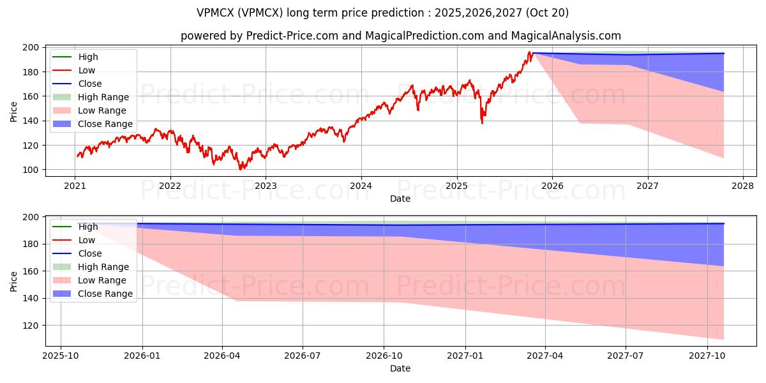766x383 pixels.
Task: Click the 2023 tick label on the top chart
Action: pos(266,186)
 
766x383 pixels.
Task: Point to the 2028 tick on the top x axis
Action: pos(743,186)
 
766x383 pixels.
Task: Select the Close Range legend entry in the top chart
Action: pos(105,124)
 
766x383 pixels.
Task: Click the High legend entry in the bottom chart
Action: pos(88,227)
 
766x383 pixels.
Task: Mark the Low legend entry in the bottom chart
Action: pos(87,240)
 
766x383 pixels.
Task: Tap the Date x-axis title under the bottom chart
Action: pos(400,368)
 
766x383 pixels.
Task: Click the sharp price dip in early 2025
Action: pos(481,123)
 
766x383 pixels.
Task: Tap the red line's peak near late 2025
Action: pos(529,52)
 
